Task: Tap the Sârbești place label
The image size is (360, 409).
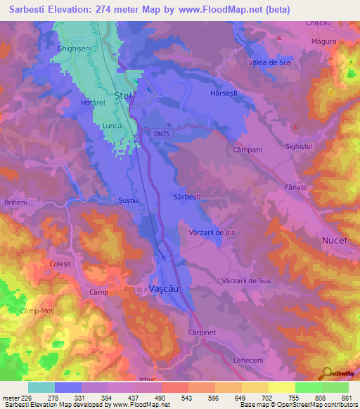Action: click(188, 197)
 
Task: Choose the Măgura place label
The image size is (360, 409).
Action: click(323, 41)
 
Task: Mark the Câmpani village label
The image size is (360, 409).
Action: click(247, 150)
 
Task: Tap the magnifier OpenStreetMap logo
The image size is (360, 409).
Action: click(327, 374)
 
